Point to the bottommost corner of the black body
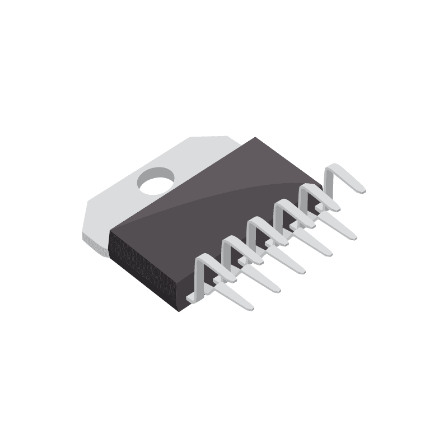click(179, 311)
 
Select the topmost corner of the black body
click(255, 137)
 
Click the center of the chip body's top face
click(218, 207)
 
